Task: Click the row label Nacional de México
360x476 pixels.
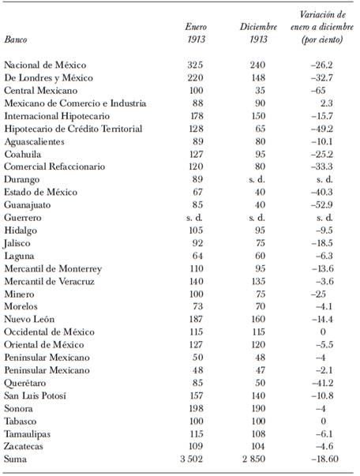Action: [45, 65]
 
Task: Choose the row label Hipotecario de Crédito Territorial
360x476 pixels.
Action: [62, 128]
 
